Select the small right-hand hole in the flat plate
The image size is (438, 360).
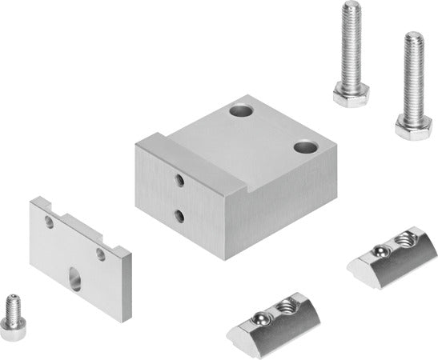pyautogui.click(x=101, y=254)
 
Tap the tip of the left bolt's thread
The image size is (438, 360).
pyautogui.click(x=351, y=7)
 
